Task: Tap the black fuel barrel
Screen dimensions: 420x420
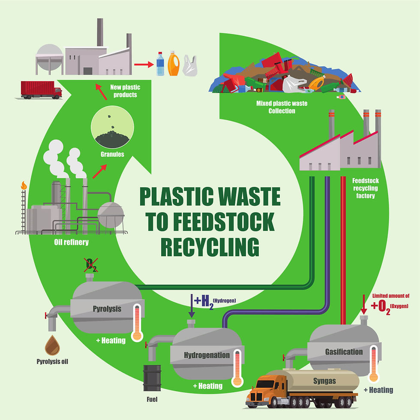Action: [152, 378]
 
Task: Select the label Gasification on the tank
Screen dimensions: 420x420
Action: [344, 352]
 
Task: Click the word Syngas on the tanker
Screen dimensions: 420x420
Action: [324, 381]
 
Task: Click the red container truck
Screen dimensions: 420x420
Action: [41, 90]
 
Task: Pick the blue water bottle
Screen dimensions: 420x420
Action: [160, 64]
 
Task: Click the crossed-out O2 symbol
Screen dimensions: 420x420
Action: [91, 265]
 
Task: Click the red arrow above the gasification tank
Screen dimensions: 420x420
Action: [363, 304]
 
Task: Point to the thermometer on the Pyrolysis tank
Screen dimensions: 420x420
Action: [137, 322]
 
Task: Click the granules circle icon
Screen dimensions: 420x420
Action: [112, 127]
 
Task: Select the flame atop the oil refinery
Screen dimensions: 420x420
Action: [24, 185]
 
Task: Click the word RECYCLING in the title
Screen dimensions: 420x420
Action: [210, 247]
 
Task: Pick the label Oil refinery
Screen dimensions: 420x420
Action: [71, 242]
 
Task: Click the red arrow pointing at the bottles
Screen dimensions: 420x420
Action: [144, 64]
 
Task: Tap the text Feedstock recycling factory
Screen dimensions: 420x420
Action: [365, 188]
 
